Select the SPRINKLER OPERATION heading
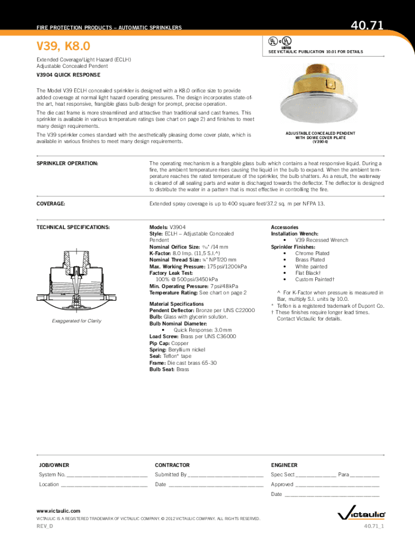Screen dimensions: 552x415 [x=67, y=163]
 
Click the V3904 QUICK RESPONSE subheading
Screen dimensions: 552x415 [x=68, y=75]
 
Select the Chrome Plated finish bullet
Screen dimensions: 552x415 [x=312, y=253]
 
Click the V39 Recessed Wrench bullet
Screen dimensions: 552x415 [x=321, y=240]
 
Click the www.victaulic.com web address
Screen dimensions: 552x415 [x=58, y=510]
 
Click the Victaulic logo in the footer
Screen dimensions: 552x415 [x=361, y=515]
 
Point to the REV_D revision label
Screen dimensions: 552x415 [x=45, y=526]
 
